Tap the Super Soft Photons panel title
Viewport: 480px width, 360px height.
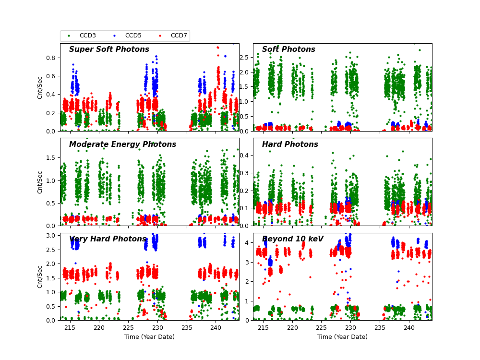click(109, 49)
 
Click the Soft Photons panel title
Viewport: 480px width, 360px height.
click(288, 49)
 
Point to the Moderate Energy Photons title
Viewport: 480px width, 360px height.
click(122, 144)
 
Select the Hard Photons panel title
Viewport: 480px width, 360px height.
click(290, 144)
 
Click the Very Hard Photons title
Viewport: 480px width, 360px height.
click(108, 239)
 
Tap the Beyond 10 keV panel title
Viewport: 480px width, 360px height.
click(293, 239)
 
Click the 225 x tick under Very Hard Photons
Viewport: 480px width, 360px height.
click(128, 327)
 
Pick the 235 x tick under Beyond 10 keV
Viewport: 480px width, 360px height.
click(380, 327)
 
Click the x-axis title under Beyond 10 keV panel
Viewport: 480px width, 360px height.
click(342, 337)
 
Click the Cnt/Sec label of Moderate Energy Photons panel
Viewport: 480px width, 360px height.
click(40, 182)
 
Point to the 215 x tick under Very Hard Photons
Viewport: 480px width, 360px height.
click(70, 327)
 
